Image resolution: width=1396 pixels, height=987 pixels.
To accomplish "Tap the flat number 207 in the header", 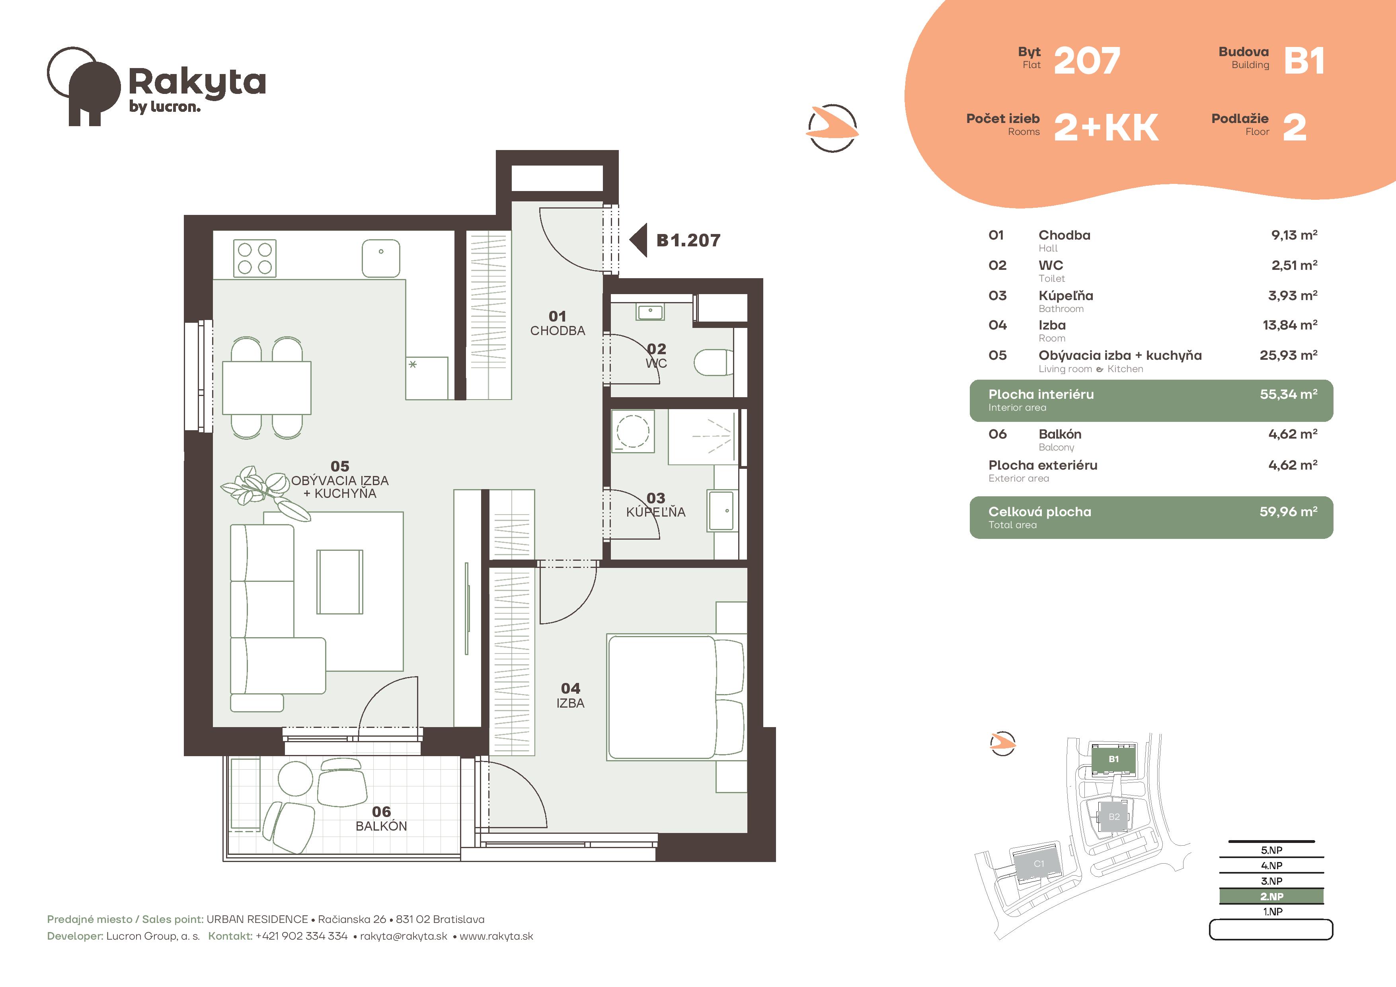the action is point(1086,61).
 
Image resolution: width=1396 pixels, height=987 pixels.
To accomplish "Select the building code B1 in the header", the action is point(1304,61).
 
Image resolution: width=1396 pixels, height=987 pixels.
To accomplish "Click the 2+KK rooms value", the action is point(1106,128).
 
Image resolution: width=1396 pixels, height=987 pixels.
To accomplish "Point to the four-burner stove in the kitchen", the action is point(255,258).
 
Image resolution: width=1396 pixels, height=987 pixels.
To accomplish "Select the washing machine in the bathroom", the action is point(633,431).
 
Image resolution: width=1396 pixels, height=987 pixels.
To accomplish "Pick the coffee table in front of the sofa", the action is point(339,581).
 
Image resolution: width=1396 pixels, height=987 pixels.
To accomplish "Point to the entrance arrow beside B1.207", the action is point(638,240).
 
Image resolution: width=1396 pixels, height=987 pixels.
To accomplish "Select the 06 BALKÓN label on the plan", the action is point(381,819).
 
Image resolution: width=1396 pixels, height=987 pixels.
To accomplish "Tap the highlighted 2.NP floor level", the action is point(1271,896).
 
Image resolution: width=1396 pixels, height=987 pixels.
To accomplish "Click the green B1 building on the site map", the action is point(1113,759).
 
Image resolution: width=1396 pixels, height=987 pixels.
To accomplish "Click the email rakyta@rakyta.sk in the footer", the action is point(404,936).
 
